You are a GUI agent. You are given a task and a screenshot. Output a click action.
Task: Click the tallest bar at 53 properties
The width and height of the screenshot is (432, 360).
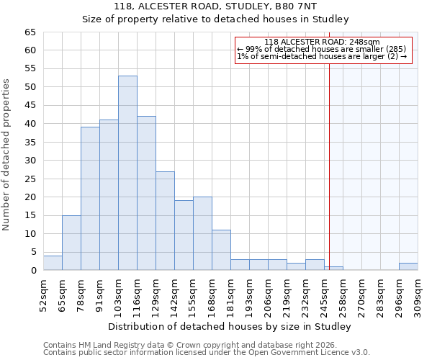click(x=127, y=173)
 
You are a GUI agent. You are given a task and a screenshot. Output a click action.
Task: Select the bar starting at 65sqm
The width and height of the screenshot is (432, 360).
click(x=71, y=243)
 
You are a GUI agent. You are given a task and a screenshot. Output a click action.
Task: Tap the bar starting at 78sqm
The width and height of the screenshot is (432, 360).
click(x=90, y=199)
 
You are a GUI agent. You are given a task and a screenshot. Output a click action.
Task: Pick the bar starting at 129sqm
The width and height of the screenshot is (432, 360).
click(x=165, y=220)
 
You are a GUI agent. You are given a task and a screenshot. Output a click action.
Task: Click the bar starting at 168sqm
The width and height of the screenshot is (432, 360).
click(x=221, y=250)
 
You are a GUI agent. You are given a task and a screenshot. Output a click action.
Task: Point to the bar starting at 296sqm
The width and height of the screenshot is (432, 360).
click(x=408, y=266)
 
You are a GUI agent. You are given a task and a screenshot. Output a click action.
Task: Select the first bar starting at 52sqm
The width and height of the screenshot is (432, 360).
click(x=53, y=263)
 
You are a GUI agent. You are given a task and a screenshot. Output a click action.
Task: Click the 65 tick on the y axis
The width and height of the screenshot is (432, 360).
click(x=30, y=32)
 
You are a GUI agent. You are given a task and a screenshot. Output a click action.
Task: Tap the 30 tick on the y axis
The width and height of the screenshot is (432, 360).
click(x=30, y=161)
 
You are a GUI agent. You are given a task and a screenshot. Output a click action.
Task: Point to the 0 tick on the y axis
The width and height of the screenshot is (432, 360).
click(x=32, y=271)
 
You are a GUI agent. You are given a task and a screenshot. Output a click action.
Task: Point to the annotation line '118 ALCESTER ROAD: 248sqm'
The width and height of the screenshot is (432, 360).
click(x=322, y=42)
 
